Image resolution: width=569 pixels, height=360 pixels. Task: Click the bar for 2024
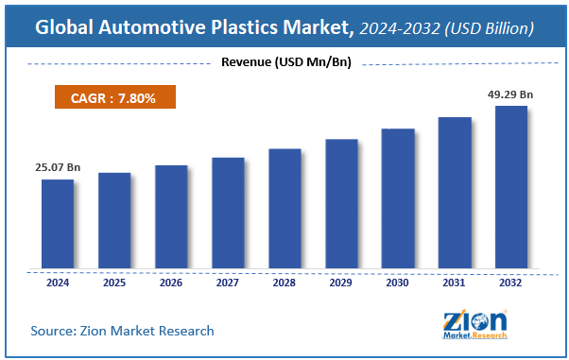tap(57, 224)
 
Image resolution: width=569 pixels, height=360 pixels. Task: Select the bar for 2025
tap(113, 221)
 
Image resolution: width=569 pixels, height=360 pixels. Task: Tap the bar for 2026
tap(171, 217)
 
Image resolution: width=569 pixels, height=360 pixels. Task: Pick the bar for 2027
tap(228, 214)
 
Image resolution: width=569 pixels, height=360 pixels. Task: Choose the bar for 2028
tap(284, 209)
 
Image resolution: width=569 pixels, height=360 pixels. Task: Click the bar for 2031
tap(455, 193)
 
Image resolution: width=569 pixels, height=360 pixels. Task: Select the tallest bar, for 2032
tap(511, 187)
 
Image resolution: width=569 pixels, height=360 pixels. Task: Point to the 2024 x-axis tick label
tap(57, 282)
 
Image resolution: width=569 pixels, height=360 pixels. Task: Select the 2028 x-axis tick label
tap(284, 282)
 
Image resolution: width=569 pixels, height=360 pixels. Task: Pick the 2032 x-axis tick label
tap(511, 282)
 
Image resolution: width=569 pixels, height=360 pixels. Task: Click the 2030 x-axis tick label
tap(398, 282)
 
